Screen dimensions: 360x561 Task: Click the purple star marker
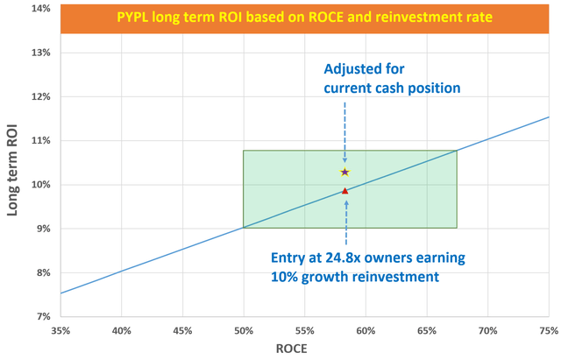point(344,172)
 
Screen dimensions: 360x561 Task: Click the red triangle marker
point(345,190)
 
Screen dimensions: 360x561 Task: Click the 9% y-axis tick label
point(39,229)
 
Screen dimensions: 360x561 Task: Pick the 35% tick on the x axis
point(60,330)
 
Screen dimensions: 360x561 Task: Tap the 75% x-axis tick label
point(549,330)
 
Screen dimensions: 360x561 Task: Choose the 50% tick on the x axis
point(244,330)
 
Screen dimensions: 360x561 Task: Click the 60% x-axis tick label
point(366,330)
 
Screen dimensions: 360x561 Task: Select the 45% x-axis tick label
point(182,330)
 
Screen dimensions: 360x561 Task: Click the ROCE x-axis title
point(303,349)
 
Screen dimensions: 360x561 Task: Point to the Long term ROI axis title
point(12,163)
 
